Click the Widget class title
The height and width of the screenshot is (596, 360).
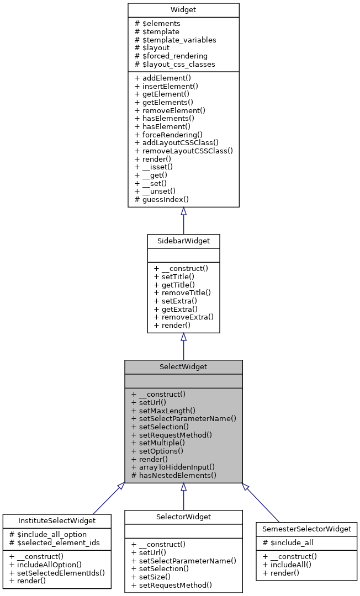coord(183,10)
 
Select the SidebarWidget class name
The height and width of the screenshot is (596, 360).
coord(183,241)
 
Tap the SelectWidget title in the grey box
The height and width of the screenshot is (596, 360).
coord(183,366)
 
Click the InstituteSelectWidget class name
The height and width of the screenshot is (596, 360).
coord(57,520)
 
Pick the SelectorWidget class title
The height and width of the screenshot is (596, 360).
coord(183,517)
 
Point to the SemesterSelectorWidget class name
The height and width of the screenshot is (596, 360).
coord(306,529)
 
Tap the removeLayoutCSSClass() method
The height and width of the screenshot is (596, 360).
coord(187,150)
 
